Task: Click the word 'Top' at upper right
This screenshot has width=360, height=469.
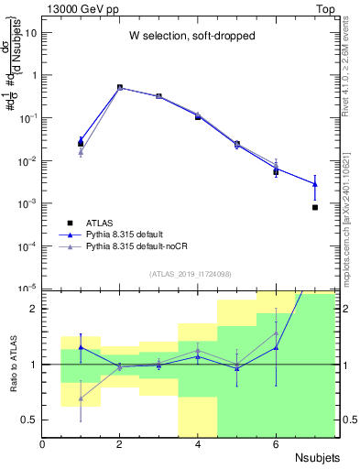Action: (x=325, y=8)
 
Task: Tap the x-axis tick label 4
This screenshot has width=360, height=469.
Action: (x=198, y=444)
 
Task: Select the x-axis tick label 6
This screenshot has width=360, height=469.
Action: (x=276, y=444)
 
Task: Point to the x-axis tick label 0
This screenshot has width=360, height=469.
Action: (x=43, y=444)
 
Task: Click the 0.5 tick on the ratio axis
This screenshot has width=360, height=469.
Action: (x=31, y=420)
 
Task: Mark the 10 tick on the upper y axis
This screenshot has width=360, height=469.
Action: (x=30, y=33)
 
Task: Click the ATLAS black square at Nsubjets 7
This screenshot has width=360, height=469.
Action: (x=315, y=208)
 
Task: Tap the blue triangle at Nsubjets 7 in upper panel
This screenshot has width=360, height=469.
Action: (x=315, y=184)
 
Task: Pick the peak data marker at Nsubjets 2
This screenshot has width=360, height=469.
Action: (x=120, y=88)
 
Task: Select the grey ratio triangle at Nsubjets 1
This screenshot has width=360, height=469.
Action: (x=82, y=398)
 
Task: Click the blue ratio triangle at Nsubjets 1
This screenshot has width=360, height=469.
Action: (x=82, y=347)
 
